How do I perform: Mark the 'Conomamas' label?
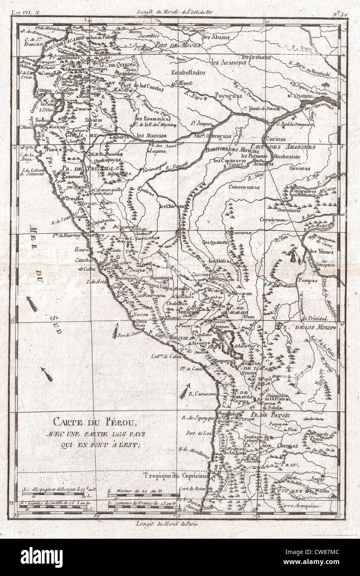click(244, 186)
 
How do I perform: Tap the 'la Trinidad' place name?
click(315, 318)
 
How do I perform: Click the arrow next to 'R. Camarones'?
click(184, 391)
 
